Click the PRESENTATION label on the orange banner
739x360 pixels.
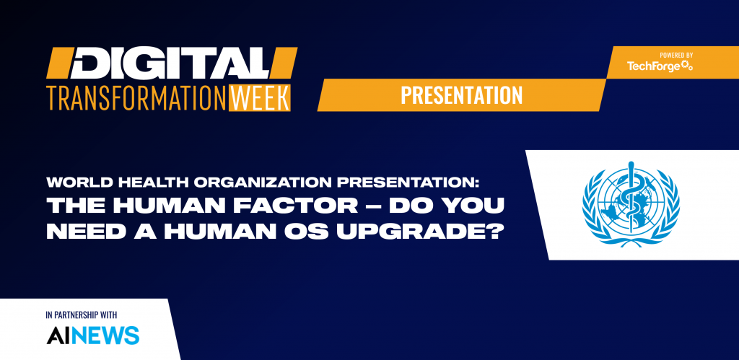click(461, 95)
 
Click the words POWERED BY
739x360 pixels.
click(675, 55)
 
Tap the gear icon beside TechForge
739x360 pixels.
click(687, 66)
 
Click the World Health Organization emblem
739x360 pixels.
click(631, 204)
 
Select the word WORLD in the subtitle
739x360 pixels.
click(71, 182)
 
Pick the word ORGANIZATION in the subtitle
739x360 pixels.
click(242, 182)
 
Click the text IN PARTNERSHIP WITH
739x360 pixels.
click(82, 315)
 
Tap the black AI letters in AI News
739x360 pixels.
click(56, 335)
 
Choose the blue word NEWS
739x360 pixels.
click(104, 335)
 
